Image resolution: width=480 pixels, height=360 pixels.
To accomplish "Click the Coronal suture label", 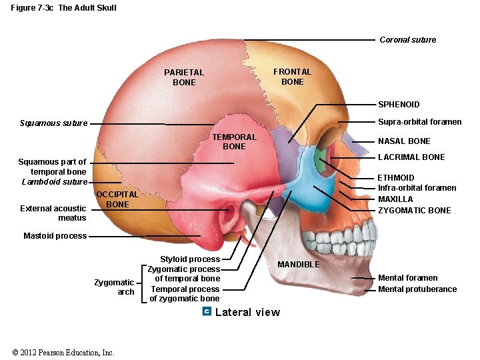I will coord(407,40).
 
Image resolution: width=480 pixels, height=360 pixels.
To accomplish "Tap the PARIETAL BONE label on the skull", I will coord(184,77).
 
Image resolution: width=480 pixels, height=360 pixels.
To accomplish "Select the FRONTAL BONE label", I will coord(292,77).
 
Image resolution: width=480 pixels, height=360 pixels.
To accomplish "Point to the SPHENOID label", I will coord(399,105).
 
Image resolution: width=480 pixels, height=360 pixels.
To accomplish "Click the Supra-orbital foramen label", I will coord(419,122).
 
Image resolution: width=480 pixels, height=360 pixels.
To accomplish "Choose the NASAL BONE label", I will coord(404,141).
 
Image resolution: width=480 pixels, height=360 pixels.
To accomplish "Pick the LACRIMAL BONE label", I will coord(411,157).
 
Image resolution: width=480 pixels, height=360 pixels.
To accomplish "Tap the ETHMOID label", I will coord(396,178).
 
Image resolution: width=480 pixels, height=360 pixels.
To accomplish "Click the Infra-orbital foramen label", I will coord(417,188).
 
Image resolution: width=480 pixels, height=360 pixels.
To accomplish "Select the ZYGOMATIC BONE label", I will coord(414,211).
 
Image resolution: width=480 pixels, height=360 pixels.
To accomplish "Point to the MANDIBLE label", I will coord(299,265).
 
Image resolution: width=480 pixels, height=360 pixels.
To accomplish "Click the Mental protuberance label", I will coord(417,289).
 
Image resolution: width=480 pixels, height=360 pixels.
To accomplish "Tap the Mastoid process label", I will coord(55,236).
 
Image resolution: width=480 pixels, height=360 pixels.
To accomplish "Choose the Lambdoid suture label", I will coord(55,182).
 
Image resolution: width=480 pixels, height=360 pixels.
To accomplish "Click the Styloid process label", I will coord(190,259).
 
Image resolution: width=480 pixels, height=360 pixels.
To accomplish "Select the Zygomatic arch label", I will coord(114,287).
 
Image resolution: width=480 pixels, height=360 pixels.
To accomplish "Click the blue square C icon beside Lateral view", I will coord(207,312).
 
